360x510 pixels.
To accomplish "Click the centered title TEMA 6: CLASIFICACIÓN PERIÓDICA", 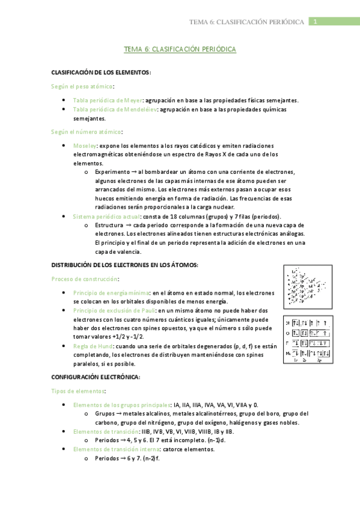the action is point(180,51).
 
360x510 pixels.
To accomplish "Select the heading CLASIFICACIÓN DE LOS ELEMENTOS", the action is point(102,72).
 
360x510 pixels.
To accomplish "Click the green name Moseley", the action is point(84,146).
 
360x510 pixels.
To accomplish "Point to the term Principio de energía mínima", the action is point(111,293).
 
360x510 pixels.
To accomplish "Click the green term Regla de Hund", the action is point(91,346).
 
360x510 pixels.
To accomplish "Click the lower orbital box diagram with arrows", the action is point(308,339).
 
